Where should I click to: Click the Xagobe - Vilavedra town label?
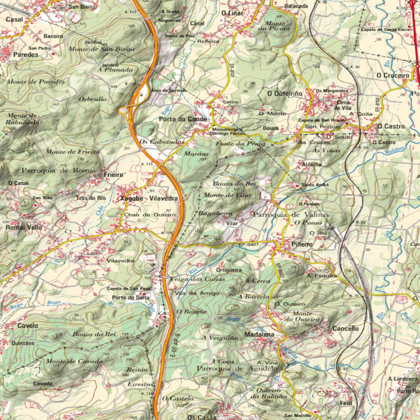pyautogui.click(x=149, y=198)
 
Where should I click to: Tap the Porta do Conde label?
pyautogui.click(x=183, y=119)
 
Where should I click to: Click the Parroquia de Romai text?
pyautogui.click(x=58, y=170)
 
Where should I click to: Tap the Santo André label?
pyautogui.click(x=315, y=185)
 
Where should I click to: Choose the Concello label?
pyautogui.click(x=345, y=329)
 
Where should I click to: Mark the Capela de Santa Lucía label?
pyautogui.click(x=385, y=30)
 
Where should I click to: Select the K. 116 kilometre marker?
pyautogui.click(x=167, y=233)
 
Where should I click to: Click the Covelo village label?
pyautogui.click(x=28, y=326)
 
